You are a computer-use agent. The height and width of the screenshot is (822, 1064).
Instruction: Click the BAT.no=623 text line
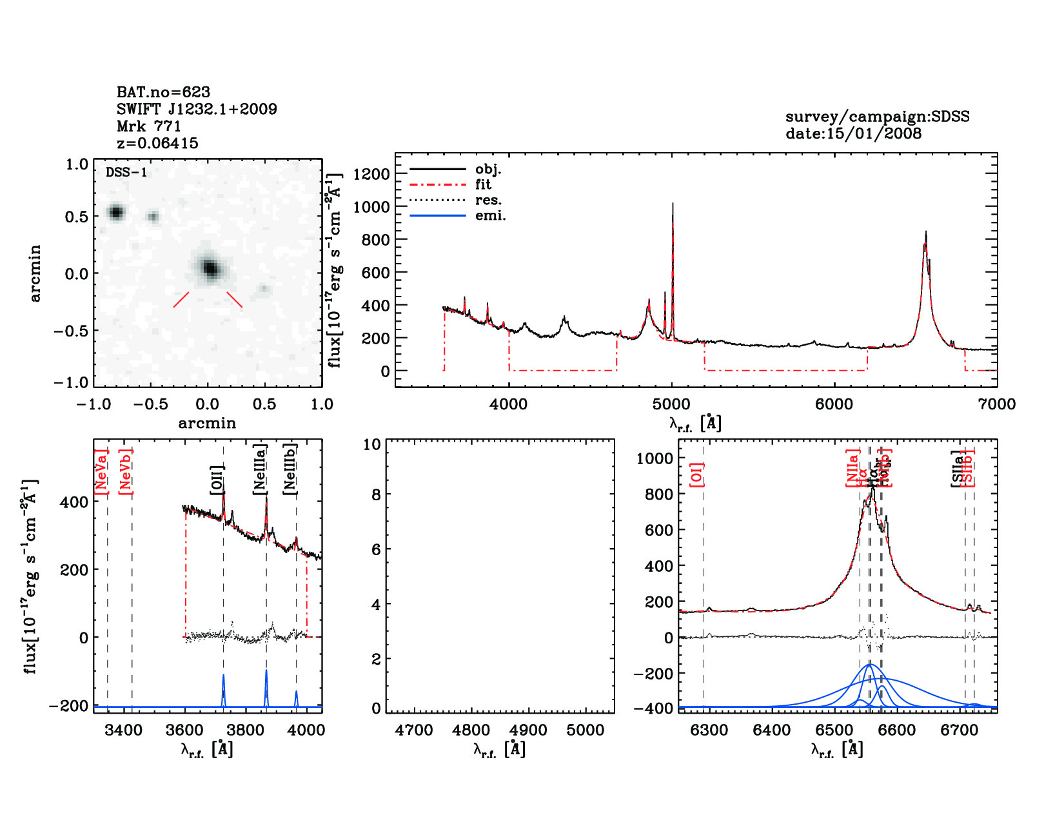[163, 92]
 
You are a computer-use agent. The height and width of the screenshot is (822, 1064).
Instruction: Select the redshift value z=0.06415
[157, 143]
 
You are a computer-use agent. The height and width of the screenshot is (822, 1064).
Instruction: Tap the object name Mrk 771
[148, 126]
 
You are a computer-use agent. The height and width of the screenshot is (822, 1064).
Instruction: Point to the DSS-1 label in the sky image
[126, 172]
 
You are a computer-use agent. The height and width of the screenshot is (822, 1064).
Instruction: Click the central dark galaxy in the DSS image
[210, 268]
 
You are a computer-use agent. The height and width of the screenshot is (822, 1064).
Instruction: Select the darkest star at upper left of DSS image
[116, 212]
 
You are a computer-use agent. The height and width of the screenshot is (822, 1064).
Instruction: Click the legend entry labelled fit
[483, 184]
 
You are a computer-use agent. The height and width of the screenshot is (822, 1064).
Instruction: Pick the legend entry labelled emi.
[490, 215]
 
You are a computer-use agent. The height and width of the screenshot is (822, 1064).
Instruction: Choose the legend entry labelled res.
[488, 200]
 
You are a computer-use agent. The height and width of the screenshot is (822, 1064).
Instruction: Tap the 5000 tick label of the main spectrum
[671, 404]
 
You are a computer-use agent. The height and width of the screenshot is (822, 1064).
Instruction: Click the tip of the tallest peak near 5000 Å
[673, 204]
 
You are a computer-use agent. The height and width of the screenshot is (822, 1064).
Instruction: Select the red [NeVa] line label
[101, 472]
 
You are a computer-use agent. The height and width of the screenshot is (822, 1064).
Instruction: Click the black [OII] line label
[217, 480]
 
